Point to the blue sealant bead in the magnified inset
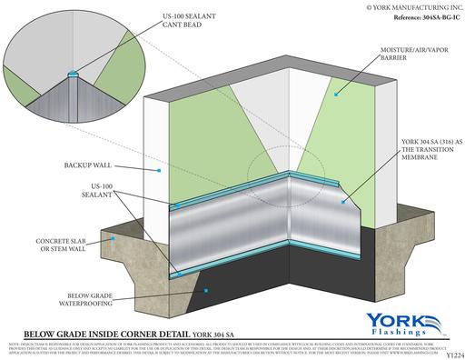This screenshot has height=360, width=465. click(x=72, y=71)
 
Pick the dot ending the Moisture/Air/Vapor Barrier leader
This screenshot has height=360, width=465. click(x=337, y=94)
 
